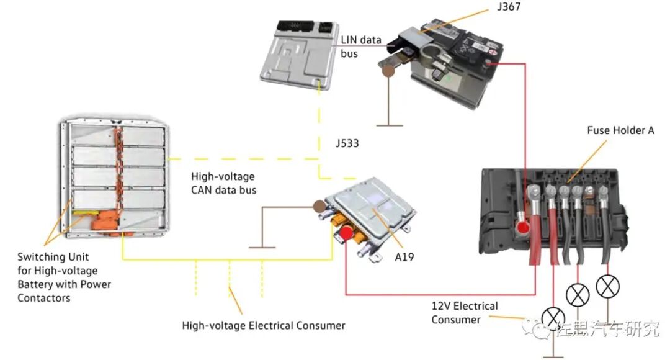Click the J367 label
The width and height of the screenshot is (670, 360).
point(509,6)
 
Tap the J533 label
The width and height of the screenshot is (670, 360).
point(347,143)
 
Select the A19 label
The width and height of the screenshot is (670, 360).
point(404,257)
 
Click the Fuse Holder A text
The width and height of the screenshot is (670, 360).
point(620,130)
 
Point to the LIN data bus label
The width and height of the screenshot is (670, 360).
point(361,47)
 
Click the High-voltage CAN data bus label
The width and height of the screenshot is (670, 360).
point(223,183)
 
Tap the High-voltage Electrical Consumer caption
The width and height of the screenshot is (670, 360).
point(264,325)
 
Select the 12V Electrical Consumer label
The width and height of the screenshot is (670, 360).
point(465,313)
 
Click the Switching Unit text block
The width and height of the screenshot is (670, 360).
point(64,277)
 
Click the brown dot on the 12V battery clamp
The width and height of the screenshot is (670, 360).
point(388,71)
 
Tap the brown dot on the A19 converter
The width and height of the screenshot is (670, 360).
point(319,207)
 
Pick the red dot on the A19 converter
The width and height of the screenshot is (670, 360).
point(346,233)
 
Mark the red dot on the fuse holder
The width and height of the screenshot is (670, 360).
point(522,227)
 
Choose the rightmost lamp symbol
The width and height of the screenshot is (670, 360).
point(607,287)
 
